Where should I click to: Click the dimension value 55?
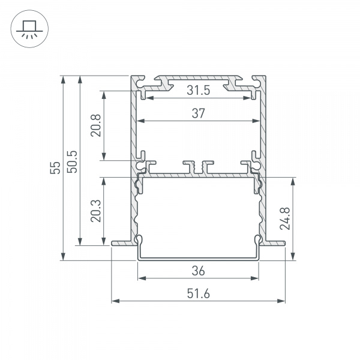(x=55, y=168)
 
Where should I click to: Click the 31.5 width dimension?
(x=198, y=91)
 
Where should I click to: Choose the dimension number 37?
(x=198, y=113)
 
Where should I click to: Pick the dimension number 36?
(x=198, y=271)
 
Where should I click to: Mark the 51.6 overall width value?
(x=198, y=293)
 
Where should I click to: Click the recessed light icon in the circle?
(x=28, y=28)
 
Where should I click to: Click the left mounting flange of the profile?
(x=122, y=242)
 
